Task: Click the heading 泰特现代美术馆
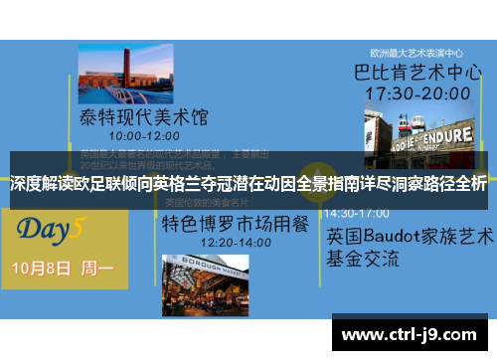144,117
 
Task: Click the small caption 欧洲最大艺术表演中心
417,53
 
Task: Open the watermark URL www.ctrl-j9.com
409,335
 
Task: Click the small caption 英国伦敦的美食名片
198,202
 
